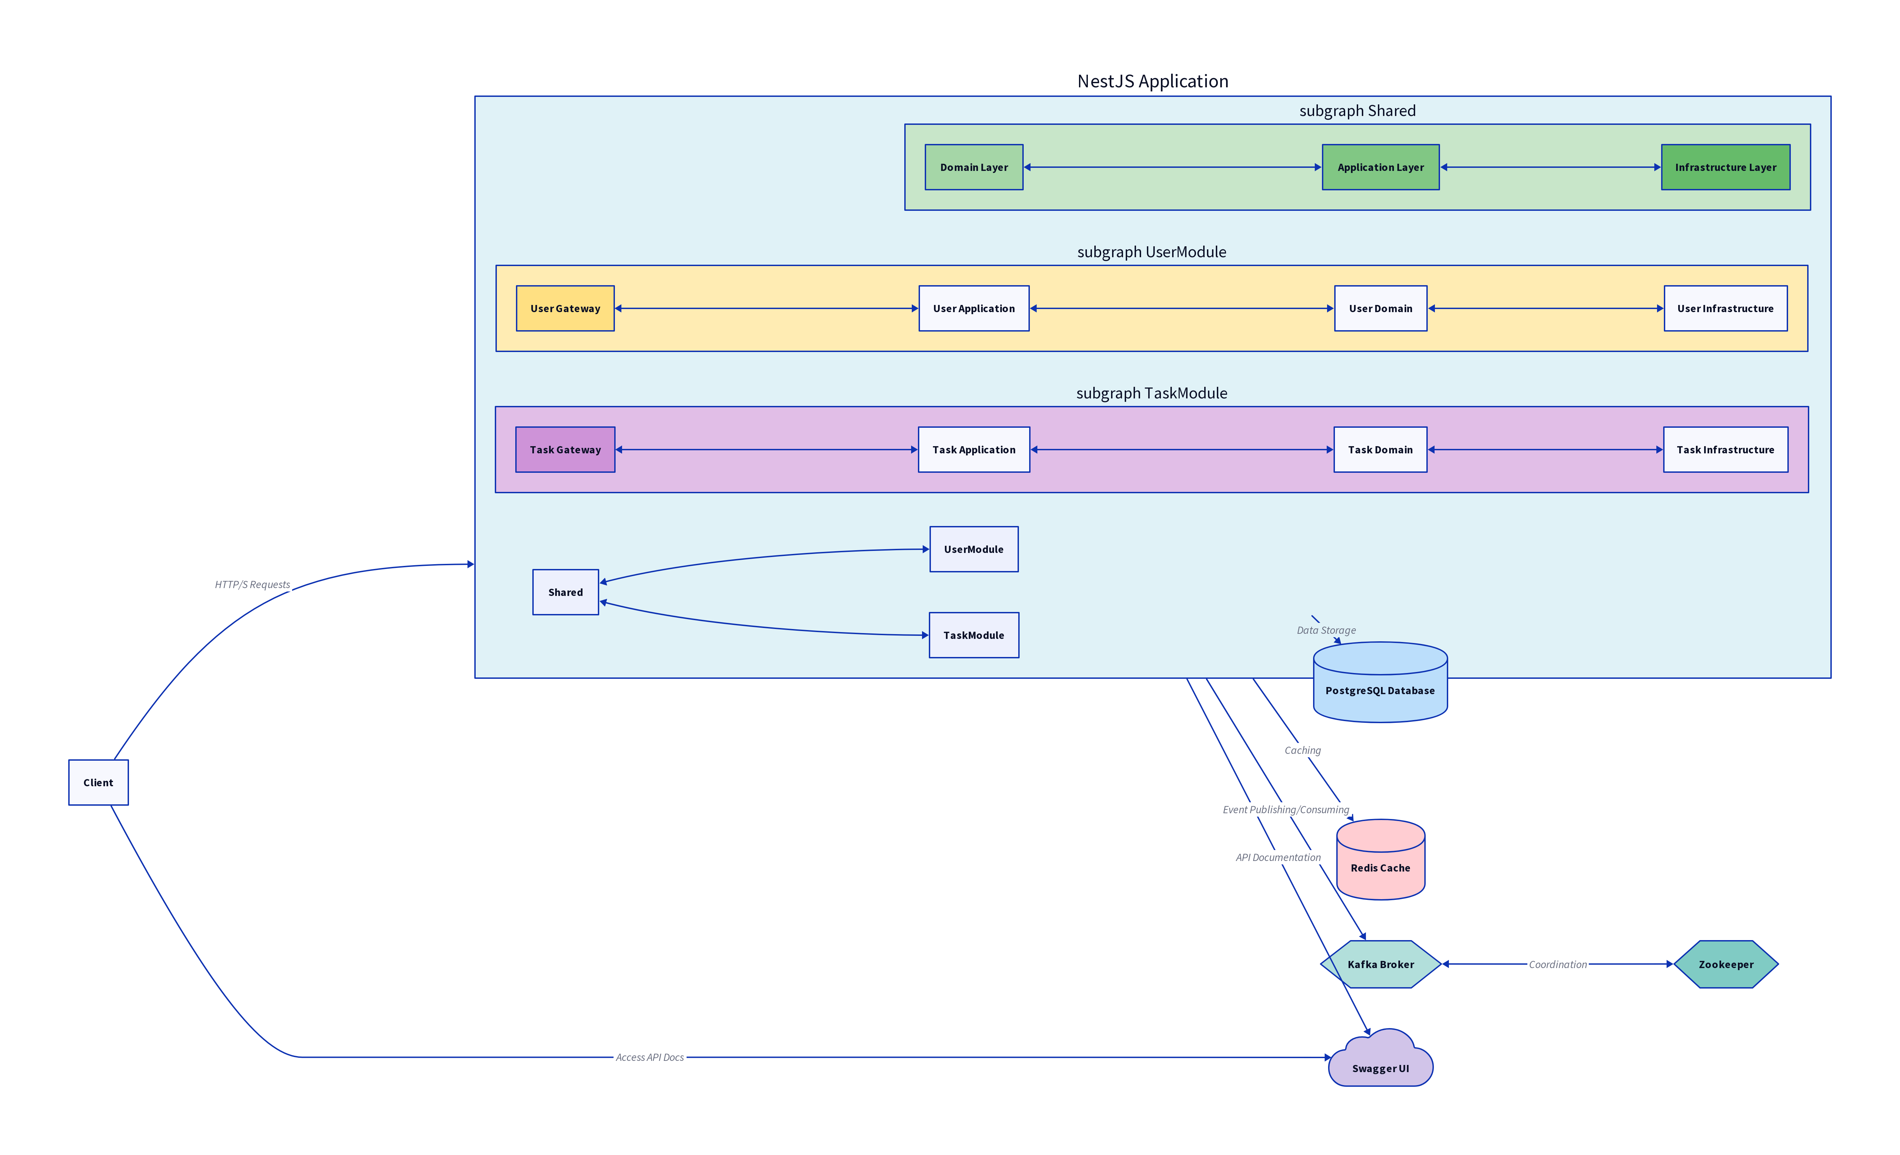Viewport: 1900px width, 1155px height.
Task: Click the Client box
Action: [x=98, y=782]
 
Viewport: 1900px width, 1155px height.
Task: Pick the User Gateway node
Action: [x=565, y=308]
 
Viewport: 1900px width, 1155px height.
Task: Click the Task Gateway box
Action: [x=565, y=450]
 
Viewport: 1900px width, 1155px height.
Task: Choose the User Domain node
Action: [x=1380, y=308]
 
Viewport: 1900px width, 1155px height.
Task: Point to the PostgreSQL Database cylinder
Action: [x=1380, y=682]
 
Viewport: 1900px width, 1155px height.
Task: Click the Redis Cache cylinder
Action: [x=1380, y=859]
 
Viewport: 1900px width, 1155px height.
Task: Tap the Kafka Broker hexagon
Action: [x=1380, y=964]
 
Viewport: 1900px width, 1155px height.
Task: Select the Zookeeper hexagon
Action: [x=1726, y=964]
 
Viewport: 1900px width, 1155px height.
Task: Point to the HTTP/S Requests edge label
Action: [x=252, y=584]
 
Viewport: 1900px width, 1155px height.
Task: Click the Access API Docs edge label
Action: [x=650, y=1057]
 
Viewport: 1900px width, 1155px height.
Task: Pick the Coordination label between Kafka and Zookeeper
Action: [x=1558, y=964]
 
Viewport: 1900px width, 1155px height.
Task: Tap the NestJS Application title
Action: [x=1153, y=81]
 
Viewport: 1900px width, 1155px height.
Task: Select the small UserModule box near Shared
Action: [x=974, y=549]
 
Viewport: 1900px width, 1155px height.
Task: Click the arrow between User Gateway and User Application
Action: [x=766, y=308]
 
